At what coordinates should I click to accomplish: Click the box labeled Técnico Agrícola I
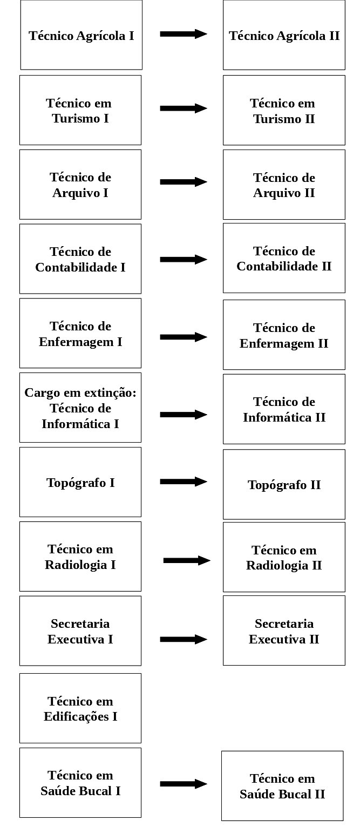tap(81, 35)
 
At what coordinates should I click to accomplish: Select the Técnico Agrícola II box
tap(284, 35)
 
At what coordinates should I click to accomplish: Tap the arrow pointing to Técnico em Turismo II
tap(184, 108)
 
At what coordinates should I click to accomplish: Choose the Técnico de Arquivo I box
tap(80, 185)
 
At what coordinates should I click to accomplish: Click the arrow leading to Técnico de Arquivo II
tap(184, 181)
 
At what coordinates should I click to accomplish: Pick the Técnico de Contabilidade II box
tap(284, 258)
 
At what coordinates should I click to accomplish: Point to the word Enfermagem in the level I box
tap(76, 342)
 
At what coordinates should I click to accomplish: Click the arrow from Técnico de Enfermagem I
tap(184, 337)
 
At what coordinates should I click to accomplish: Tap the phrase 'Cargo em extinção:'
tap(80, 393)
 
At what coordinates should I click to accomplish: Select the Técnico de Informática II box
tap(284, 409)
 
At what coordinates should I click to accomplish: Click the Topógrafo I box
tap(80, 482)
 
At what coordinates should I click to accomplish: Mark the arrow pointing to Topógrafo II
tap(184, 482)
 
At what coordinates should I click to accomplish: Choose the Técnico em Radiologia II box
tap(284, 557)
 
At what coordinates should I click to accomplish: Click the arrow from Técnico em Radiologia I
tap(187, 560)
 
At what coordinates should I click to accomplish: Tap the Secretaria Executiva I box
tap(80, 631)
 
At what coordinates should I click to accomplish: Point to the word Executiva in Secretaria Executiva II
tap(277, 640)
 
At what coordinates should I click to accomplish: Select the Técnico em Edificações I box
tap(80, 708)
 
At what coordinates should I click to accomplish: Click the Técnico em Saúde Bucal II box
tap(282, 786)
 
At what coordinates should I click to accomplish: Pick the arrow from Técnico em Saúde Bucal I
tap(184, 784)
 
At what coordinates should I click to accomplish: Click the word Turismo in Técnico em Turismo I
tap(76, 119)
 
